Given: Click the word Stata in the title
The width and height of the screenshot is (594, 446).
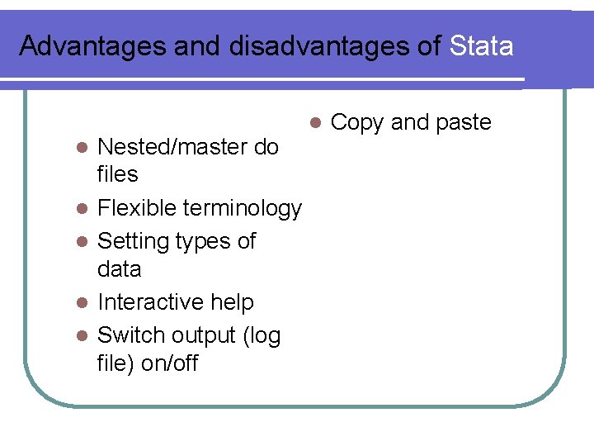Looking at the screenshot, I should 482,45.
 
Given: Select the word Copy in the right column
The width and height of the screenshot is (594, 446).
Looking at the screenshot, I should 356,123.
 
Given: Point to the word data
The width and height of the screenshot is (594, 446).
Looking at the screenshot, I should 119,269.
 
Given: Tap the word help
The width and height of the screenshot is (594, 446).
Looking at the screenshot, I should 233,303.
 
